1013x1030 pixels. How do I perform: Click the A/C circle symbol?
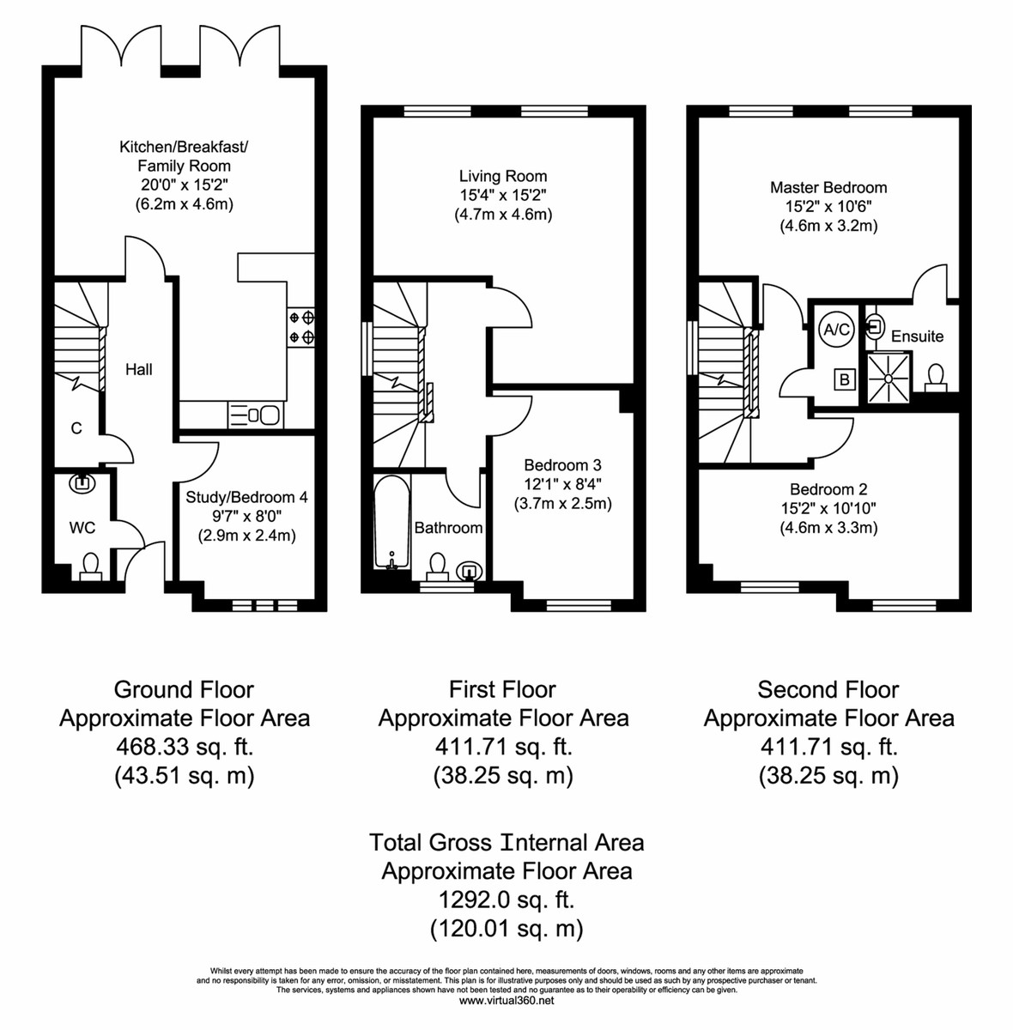(836, 329)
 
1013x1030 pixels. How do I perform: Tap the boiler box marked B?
(845, 379)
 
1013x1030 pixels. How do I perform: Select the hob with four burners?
(301, 328)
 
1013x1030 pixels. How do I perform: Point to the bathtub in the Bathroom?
(392, 522)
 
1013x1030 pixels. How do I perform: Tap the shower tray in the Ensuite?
(888, 378)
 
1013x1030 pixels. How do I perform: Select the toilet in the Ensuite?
(936, 378)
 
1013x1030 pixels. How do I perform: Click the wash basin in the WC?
(82, 483)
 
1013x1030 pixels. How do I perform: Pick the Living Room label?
(503, 176)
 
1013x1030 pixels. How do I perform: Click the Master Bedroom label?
(828, 187)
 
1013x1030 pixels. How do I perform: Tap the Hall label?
(139, 369)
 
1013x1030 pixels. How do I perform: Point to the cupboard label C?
(76, 428)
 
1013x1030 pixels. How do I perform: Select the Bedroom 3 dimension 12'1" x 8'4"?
(562, 484)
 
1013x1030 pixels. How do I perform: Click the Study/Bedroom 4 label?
(246, 497)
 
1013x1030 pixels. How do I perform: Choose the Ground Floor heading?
(184, 689)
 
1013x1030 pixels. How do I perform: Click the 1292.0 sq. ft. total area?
(506, 900)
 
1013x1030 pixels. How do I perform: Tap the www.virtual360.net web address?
(506, 1001)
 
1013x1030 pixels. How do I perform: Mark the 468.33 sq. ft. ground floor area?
(185, 746)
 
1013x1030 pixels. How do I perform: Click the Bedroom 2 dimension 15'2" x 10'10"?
(828, 508)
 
